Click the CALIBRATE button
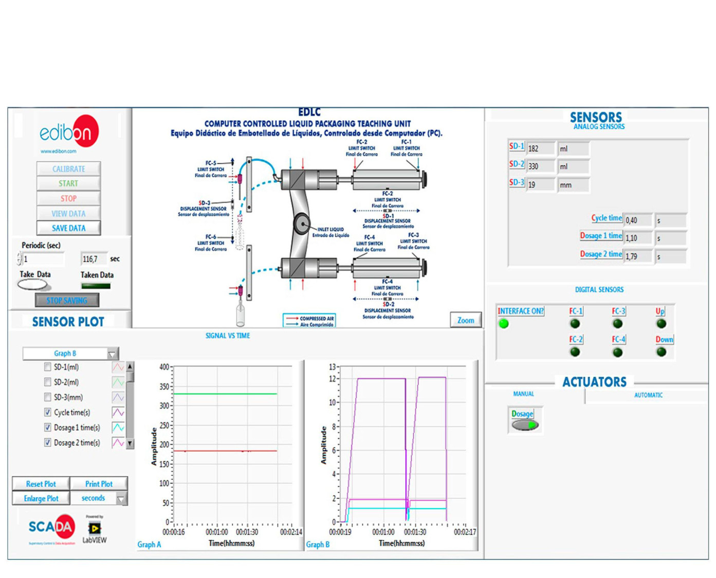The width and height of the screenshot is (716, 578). (68, 169)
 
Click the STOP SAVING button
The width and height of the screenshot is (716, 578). (67, 300)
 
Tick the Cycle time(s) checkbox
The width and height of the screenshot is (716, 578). (48, 412)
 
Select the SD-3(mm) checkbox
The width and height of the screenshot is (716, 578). (48, 397)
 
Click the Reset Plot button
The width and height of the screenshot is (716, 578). (41, 483)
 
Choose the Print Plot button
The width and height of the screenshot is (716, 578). (99, 483)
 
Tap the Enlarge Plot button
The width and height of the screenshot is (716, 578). (41, 498)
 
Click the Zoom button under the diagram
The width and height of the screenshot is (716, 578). (466, 320)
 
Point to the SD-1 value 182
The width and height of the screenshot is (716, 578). (540, 148)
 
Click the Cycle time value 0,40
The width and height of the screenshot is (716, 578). (637, 220)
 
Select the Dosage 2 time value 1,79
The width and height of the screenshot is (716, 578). (637, 256)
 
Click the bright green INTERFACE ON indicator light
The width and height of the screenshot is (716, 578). (504, 324)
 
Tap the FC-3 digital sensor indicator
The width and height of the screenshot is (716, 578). (618, 324)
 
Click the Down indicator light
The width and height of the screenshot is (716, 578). (662, 352)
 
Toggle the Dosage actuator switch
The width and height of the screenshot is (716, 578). (524, 425)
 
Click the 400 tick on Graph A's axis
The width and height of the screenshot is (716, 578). (164, 367)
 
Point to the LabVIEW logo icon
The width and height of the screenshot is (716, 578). (95, 528)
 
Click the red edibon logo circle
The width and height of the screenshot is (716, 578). (82, 131)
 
